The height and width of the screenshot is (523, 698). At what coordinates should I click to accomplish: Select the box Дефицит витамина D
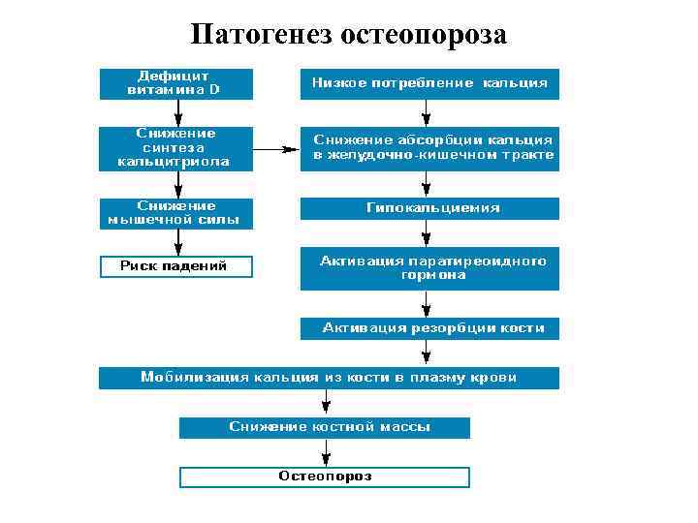pos(175,83)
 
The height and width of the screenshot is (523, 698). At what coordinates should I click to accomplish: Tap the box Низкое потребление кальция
pos(429,83)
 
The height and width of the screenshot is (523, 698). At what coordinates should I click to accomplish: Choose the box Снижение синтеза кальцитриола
pos(175,148)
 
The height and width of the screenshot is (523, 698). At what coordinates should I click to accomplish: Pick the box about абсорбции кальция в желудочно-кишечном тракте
pos(429,148)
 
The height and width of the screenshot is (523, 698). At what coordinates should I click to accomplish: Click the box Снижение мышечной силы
pos(175,213)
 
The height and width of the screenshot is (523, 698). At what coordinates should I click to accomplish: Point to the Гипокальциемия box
pos(429,208)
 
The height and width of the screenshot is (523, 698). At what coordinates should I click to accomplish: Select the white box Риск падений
pos(175,266)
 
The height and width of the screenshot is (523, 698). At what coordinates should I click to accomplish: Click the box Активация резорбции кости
pos(429,329)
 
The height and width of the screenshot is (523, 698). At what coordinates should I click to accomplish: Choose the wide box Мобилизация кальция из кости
pos(329,378)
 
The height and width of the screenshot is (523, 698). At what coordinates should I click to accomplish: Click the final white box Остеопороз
pos(325,477)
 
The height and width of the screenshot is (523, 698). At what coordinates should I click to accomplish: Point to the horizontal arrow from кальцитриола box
pos(276,150)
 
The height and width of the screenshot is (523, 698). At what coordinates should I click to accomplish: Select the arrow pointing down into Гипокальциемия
pos(427,186)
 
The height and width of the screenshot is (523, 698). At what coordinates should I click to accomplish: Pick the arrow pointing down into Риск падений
pos(174,243)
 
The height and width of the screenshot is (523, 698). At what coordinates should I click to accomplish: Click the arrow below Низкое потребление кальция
pos(427,112)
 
